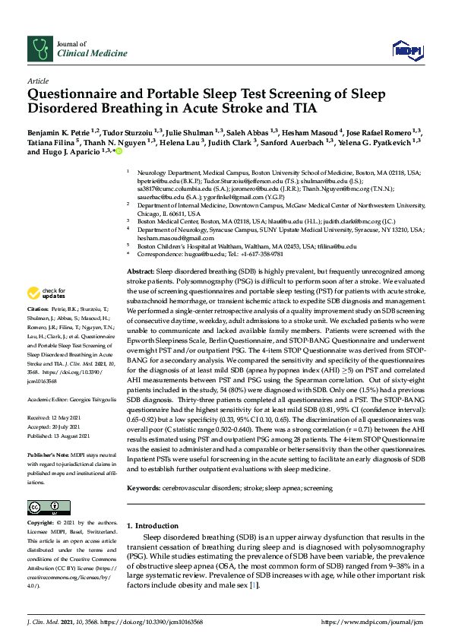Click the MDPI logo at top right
[405, 51]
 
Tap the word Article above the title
[37, 80]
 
